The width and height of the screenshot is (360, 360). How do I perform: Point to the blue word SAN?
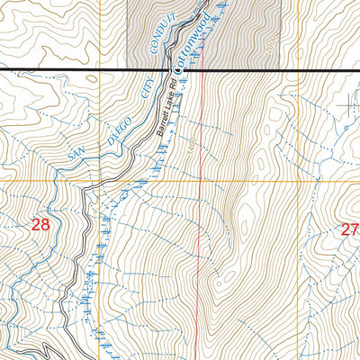click(80, 154)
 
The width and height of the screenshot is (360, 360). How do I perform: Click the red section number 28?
click(40, 225)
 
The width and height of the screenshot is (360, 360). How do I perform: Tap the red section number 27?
click(349, 229)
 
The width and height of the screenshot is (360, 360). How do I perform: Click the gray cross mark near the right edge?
click(347, 106)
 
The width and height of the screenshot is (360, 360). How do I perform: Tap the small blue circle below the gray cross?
click(345, 130)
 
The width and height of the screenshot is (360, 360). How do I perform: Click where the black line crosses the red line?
click(202, 69)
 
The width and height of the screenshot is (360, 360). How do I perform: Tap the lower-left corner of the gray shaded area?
click(127, 69)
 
